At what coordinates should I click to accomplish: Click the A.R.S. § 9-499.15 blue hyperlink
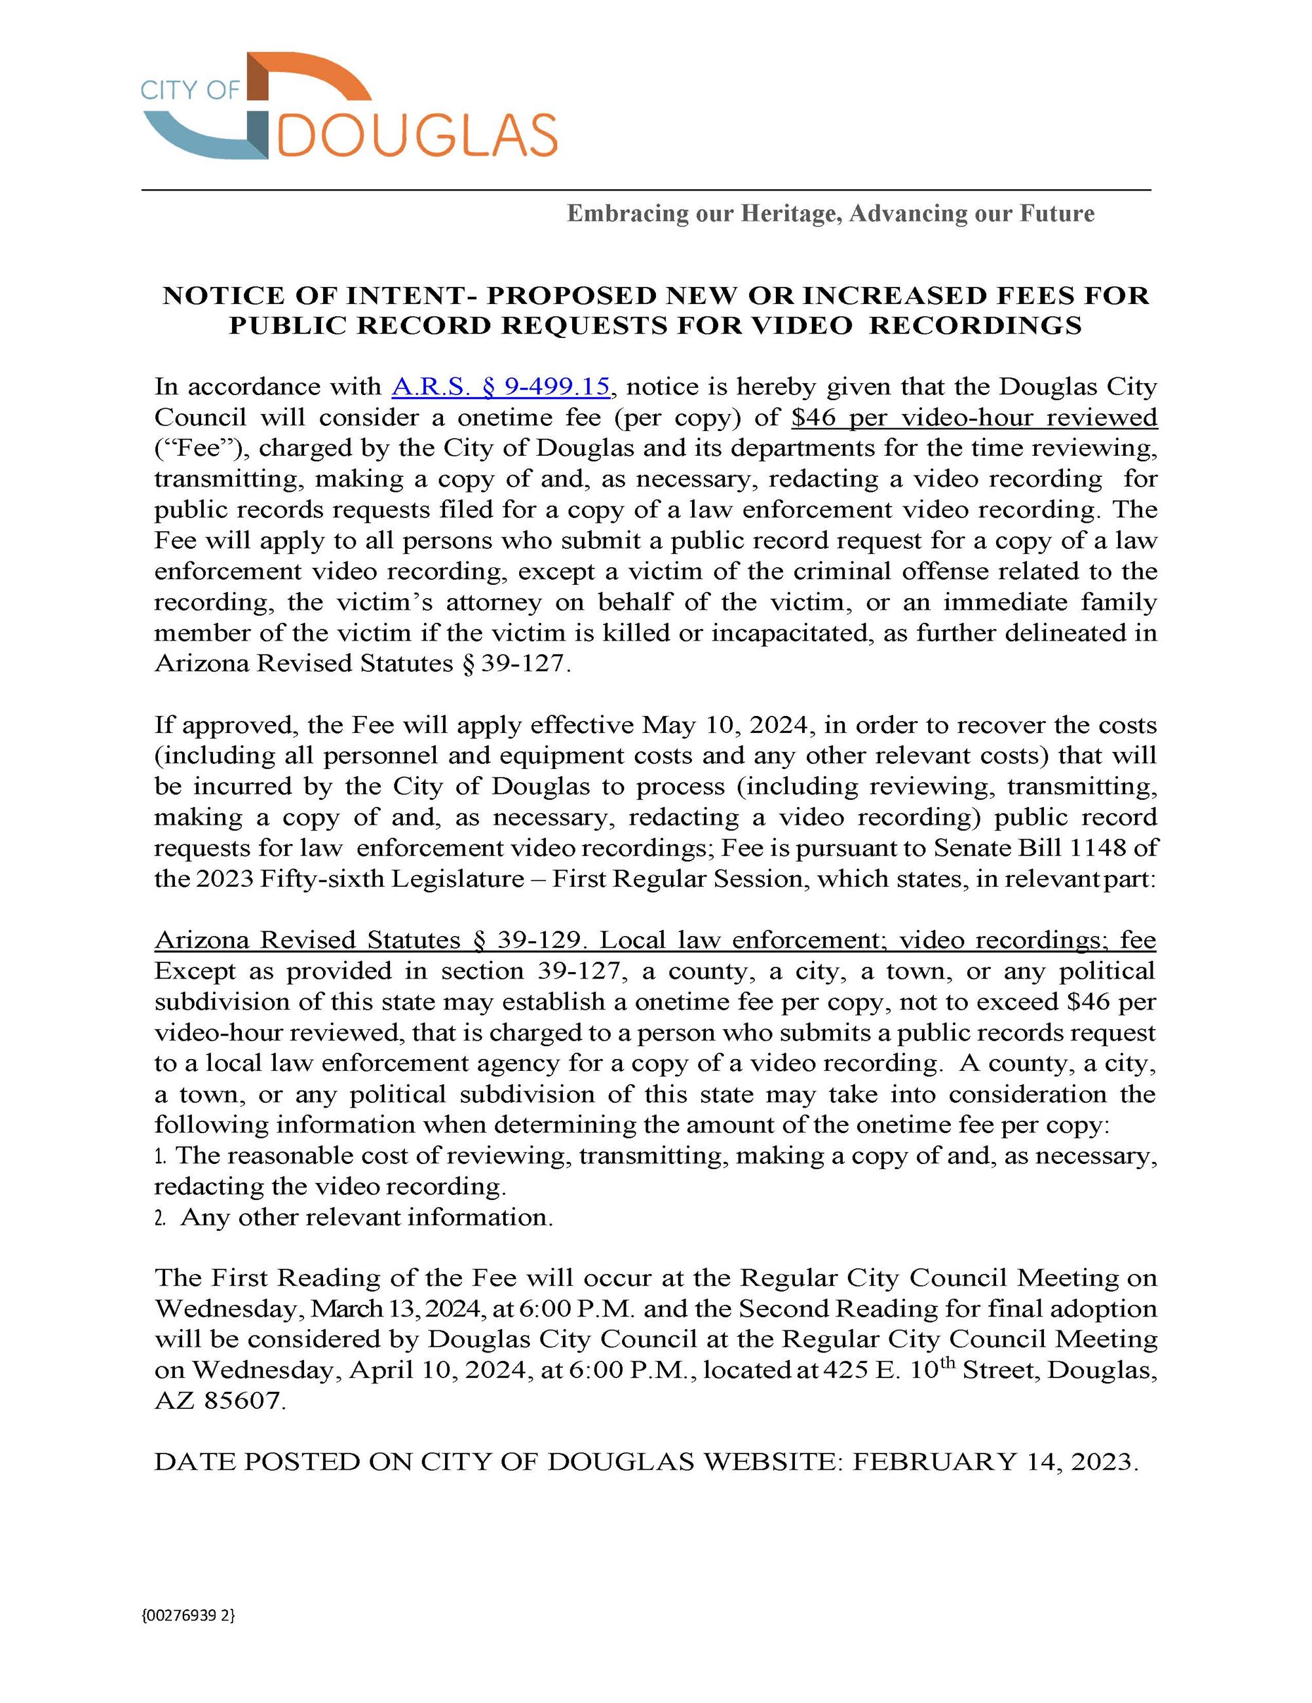click(x=500, y=386)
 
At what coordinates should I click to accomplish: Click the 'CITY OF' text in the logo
click(x=189, y=90)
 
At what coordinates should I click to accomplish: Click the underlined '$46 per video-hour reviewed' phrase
click(x=973, y=417)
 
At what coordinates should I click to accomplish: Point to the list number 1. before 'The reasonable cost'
click(x=161, y=1156)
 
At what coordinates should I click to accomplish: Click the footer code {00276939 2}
click(x=188, y=1615)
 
